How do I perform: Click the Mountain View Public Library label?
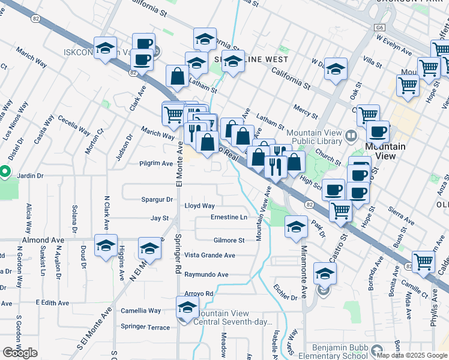(x=315, y=137)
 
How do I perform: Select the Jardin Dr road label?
(x=31, y=176)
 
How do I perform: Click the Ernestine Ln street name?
(x=229, y=217)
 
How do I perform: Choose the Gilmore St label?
(x=229, y=241)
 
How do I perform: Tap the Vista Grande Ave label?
(x=209, y=255)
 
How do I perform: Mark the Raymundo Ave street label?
(x=206, y=275)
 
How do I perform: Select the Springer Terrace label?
(x=145, y=326)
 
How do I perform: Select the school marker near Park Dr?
(x=296, y=227)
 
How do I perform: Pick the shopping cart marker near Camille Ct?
(x=424, y=262)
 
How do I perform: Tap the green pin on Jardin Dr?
(x=4, y=172)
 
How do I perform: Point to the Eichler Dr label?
(x=285, y=297)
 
